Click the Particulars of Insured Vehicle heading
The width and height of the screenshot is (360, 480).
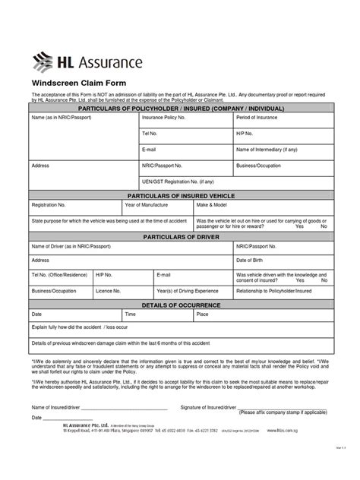click(180, 195)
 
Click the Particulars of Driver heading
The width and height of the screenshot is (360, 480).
click(180, 237)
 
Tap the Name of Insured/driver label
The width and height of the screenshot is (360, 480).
click(58, 408)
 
